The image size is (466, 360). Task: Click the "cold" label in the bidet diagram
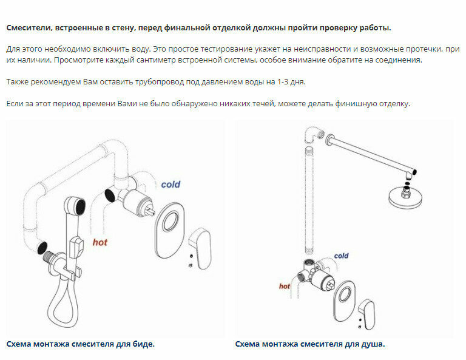pos(171,184)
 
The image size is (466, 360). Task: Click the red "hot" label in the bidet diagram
pos(100,242)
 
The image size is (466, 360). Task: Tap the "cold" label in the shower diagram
pos(341,256)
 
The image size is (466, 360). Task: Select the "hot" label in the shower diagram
pos(285,286)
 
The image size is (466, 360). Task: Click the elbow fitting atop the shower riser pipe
pos(311,133)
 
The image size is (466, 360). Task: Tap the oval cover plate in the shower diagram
pos(345,297)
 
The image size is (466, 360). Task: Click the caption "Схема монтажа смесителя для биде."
pos(81,344)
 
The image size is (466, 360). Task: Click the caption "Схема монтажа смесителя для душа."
pos(310,344)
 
